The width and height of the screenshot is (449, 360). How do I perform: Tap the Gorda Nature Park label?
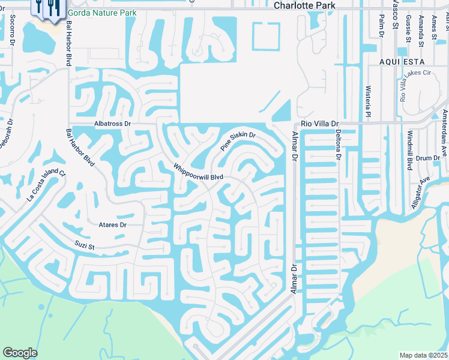[x=102, y=13]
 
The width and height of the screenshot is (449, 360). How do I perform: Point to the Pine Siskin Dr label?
[x=238, y=142]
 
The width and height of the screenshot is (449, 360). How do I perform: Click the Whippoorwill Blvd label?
[x=198, y=170]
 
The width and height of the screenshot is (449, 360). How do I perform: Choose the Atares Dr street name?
[x=112, y=225]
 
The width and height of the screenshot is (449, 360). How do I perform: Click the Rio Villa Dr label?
[x=320, y=123]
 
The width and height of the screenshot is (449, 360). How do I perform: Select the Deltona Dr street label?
[x=338, y=146]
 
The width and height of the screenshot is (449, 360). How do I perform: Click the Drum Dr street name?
[x=428, y=158]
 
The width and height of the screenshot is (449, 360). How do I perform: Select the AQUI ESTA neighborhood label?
[x=402, y=62]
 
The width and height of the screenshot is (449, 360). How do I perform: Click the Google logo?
[x=20, y=353]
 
